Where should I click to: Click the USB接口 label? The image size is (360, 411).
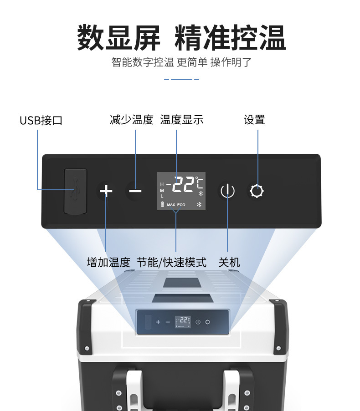tap(41, 120)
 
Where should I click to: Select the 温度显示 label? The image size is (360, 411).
tap(182, 120)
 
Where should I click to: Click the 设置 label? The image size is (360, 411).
tap(254, 120)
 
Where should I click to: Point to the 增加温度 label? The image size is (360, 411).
tap(108, 262)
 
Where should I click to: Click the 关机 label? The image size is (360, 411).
tap(229, 262)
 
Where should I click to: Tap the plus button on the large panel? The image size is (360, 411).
tap(106, 190)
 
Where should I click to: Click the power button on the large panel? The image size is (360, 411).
tap(227, 190)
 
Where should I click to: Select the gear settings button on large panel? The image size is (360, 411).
tap(257, 191)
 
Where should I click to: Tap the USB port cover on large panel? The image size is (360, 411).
tap(75, 191)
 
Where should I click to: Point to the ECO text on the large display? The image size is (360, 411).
tap(181, 205)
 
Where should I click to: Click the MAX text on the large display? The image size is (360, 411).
tap(171, 205)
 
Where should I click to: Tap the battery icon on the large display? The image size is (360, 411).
tap(162, 204)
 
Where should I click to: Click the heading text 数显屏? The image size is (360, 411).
tap(118, 38)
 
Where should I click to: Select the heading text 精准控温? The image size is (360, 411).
tap(231, 38)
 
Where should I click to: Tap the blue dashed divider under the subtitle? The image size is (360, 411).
tap(181, 79)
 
